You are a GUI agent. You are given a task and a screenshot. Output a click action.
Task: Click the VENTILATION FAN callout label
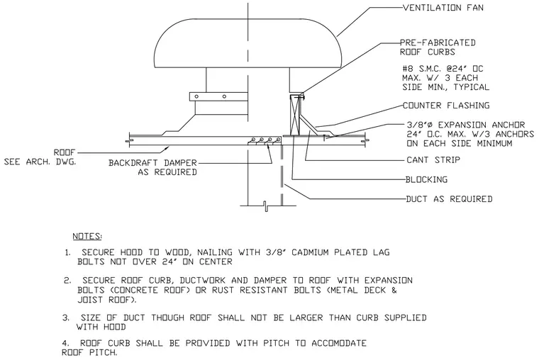443,8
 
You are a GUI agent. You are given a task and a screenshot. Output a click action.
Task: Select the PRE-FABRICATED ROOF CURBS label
438,47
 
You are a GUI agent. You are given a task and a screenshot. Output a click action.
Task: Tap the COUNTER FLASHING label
446,106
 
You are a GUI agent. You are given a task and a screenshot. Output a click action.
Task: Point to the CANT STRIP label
433,160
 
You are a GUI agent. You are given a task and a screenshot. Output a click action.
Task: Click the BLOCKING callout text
427,180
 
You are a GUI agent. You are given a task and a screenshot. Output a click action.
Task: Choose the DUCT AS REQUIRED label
449,199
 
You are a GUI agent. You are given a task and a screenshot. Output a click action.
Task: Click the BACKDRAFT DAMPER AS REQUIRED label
153,167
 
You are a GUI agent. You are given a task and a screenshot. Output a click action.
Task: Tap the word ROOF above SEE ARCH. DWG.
65,152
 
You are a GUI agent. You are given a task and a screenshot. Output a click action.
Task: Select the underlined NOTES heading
87,237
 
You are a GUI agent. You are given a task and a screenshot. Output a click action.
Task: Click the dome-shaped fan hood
248,43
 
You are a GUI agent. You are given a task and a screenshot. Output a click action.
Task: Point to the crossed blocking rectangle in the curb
295,115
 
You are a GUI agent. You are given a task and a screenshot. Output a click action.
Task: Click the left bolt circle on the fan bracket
196,96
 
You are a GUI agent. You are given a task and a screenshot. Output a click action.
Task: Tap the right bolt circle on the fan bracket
224,96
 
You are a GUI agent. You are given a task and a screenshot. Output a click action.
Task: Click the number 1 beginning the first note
67,253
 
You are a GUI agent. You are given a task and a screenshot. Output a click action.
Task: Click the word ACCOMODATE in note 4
339,343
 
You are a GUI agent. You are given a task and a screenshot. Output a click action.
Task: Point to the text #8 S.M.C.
421,69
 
